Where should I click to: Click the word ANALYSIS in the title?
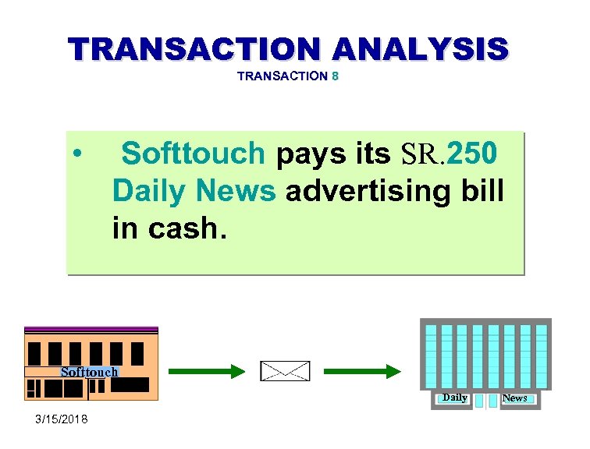click(x=421, y=48)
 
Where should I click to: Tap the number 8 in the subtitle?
click(x=335, y=76)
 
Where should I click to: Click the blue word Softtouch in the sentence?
click(x=194, y=154)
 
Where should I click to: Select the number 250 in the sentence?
click(x=472, y=154)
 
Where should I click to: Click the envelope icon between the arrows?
click(x=285, y=372)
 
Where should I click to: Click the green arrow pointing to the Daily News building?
click(x=363, y=372)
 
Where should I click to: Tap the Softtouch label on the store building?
click(x=89, y=373)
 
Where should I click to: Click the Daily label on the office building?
click(x=454, y=398)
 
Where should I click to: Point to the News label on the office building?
click(x=514, y=398)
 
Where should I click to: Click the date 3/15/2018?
click(x=62, y=420)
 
